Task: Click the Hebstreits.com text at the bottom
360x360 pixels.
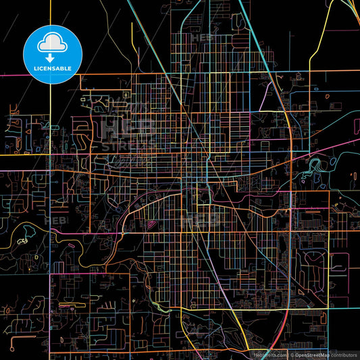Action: point(267,354)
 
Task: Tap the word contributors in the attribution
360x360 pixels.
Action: point(344,354)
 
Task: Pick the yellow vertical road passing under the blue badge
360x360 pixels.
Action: point(51,135)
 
